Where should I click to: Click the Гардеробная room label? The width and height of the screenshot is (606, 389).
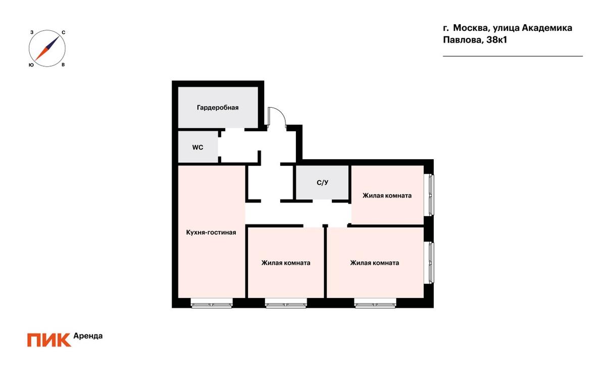[x=218, y=108]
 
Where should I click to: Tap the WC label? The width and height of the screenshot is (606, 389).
[x=197, y=148]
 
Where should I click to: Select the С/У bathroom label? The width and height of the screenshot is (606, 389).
[x=323, y=183]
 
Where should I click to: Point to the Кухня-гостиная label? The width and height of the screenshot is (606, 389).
[x=211, y=232]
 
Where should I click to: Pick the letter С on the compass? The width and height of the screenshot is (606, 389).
[x=63, y=32]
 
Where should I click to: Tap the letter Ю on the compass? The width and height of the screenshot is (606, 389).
[x=31, y=65]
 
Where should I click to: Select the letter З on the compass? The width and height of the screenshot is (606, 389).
[x=32, y=32]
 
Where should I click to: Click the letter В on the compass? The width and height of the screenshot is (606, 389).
[x=63, y=65]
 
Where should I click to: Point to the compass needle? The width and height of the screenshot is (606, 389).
[x=47, y=48]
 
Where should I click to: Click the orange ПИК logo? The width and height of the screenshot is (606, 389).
[x=49, y=339]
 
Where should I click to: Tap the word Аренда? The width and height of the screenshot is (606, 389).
[x=88, y=336]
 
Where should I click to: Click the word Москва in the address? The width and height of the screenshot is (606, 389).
[x=471, y=28]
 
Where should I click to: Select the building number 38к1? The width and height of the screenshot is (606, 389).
[x=496, y=40]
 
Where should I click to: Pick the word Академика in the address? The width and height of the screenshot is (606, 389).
[x=547, y=28]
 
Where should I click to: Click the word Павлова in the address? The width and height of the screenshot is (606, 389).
[x=463, y=40]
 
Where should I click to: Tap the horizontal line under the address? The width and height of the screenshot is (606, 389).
[x=513, y=56]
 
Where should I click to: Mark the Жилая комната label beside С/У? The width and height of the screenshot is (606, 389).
[x=387, y=196]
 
